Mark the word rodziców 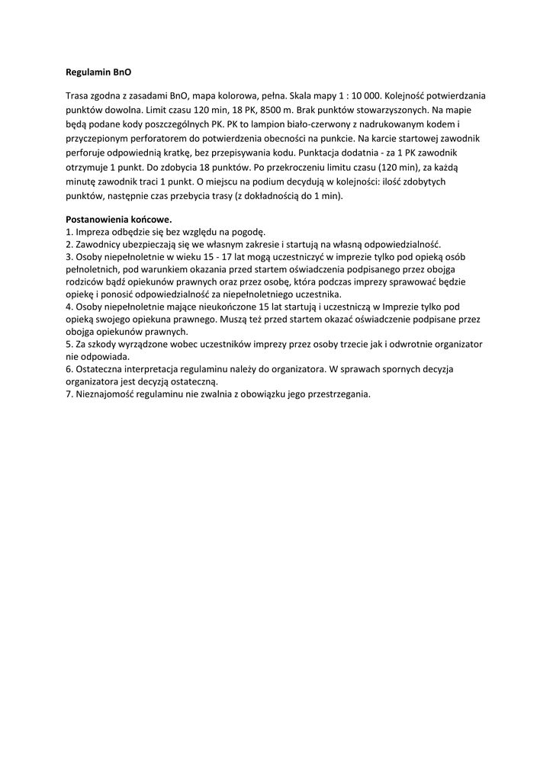(86, 282)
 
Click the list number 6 (69, 369)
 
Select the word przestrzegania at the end (333, 394)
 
